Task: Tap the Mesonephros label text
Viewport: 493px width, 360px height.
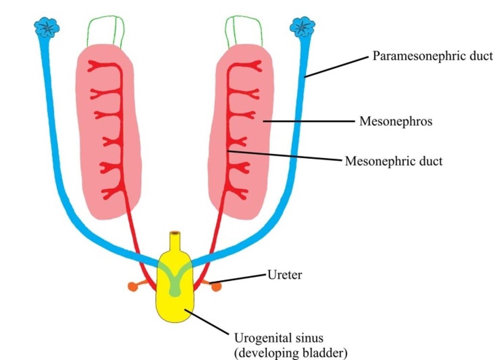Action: coord(396,121)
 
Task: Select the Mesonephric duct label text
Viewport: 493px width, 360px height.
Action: coord(394,161)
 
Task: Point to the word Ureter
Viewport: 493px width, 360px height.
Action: coord(285,275)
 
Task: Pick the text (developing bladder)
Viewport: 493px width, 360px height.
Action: coord(290,353)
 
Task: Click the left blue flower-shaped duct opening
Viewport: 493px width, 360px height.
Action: coord(47,28)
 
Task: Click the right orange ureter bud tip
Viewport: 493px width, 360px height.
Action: coord(217,287)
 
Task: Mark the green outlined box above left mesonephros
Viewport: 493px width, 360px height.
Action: coord(105,32)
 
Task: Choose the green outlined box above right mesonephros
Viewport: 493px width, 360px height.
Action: coord(244,32)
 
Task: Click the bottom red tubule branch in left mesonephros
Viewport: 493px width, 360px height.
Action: coord(110,194)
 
